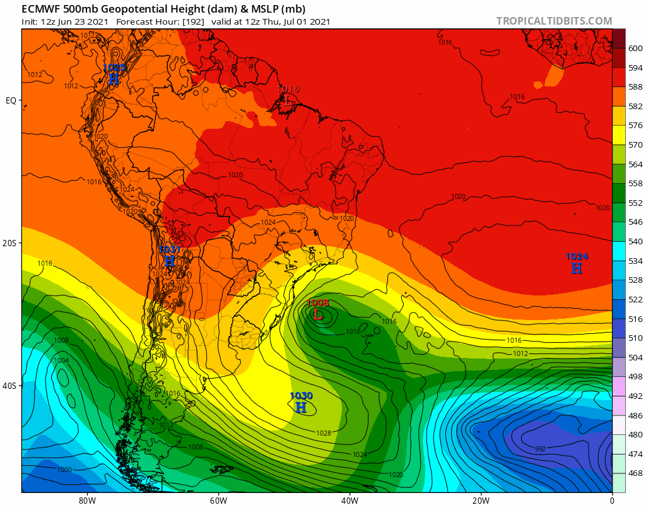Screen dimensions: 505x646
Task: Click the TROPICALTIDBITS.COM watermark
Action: [554, 21]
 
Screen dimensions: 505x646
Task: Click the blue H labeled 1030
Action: [301, 408]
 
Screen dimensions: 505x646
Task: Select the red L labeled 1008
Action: [318, 314]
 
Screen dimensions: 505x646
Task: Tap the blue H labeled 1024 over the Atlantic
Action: [576, 268]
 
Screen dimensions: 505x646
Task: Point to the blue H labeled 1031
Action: [169, 260]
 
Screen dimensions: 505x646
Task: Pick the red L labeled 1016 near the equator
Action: [289, 100]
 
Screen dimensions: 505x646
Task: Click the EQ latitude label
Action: [11, 100]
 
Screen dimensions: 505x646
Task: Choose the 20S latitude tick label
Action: [11, 243]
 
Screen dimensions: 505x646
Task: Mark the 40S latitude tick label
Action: [11, 386]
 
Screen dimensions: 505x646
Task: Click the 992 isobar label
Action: [540, 449]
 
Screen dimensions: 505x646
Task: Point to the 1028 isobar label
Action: [324, 433]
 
